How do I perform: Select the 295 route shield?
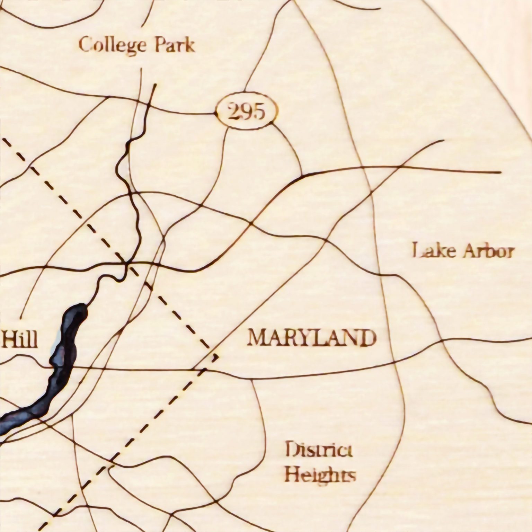(x=247, y=112)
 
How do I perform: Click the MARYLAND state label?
(x=312, y=338)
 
